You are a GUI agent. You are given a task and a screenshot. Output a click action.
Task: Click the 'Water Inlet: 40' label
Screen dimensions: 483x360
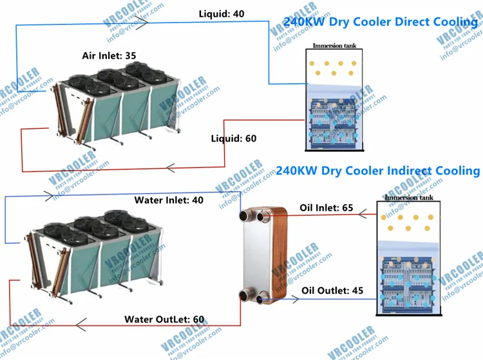[169, 200]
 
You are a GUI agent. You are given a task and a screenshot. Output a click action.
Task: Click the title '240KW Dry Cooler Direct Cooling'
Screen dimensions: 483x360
[381, 22]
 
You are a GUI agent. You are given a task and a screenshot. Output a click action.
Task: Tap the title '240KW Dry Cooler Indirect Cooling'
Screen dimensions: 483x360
[378, 171]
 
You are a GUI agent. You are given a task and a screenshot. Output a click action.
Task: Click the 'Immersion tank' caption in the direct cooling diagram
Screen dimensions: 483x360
[334, 46]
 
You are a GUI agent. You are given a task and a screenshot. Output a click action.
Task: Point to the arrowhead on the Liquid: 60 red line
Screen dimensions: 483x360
[171, 169]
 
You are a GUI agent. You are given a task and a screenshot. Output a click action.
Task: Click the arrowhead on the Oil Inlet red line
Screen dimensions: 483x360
[363, 213]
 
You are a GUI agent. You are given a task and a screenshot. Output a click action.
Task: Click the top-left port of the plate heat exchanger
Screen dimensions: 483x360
[245, 215]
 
